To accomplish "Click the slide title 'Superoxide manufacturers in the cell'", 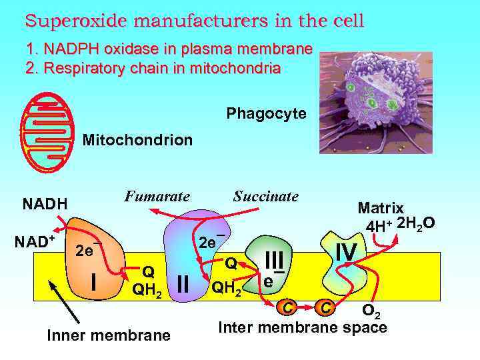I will pyautogui.click(x=195, y=21).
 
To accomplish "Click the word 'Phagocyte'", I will pyautogui.click(x=266, y=114).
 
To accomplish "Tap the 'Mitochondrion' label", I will pyautogui.click(x=137, y=141).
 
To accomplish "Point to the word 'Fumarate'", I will pyautogui.click(x=157, y=197).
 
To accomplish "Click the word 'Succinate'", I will pyautogui.click(x=265, y=197).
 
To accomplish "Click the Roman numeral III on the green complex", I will pyautogui.click(x=274, y=259).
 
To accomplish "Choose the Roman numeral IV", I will pyautogui.click(x=346, y=252).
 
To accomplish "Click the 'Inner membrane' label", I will pyautogui.click(x=109, y=335).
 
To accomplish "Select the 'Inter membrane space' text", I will pyautogui.click(x=303, y=327).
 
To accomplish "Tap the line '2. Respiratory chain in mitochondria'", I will pyautogui.click(x=153, y=68).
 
